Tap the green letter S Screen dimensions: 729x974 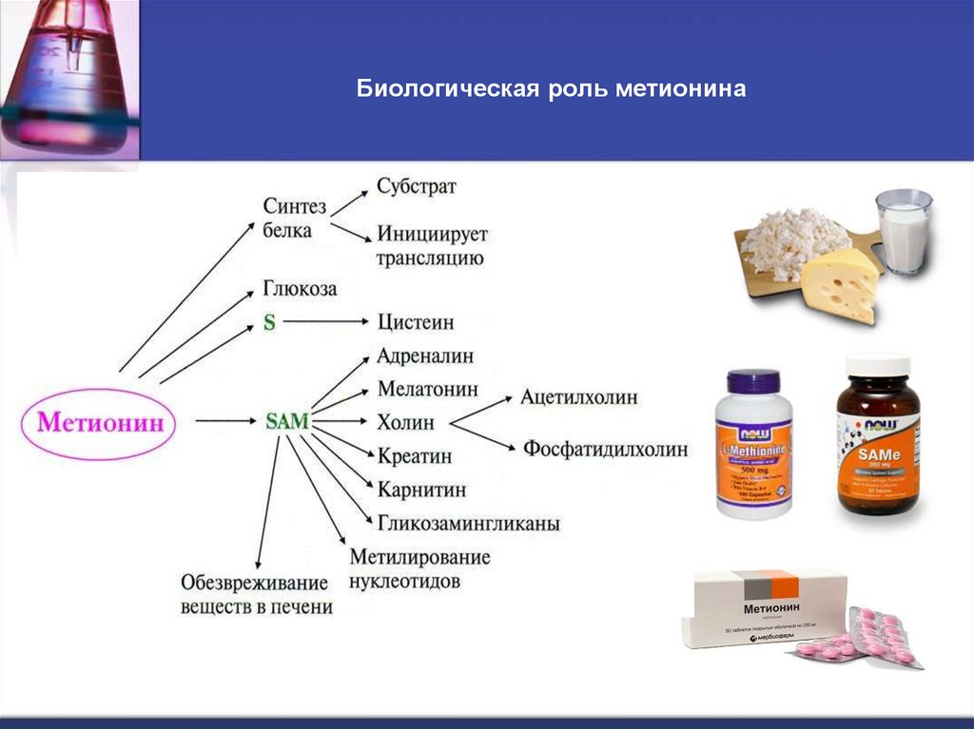(x=269, y=322)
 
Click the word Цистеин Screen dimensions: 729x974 (x=416, y=321)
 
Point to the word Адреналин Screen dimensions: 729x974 (x=424, y=356)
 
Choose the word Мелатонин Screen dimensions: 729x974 (x=427, y=390)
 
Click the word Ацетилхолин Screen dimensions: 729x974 (x=578, y=397)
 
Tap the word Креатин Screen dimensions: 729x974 (x=414, y=456)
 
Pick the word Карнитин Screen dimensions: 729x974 (x=421, y=489)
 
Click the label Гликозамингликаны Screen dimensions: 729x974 (x=468, y=523)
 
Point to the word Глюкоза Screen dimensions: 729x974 (x=300, y=288)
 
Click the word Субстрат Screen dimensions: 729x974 (x=416, y=186)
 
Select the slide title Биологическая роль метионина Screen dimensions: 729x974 (x=552, y=90)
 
